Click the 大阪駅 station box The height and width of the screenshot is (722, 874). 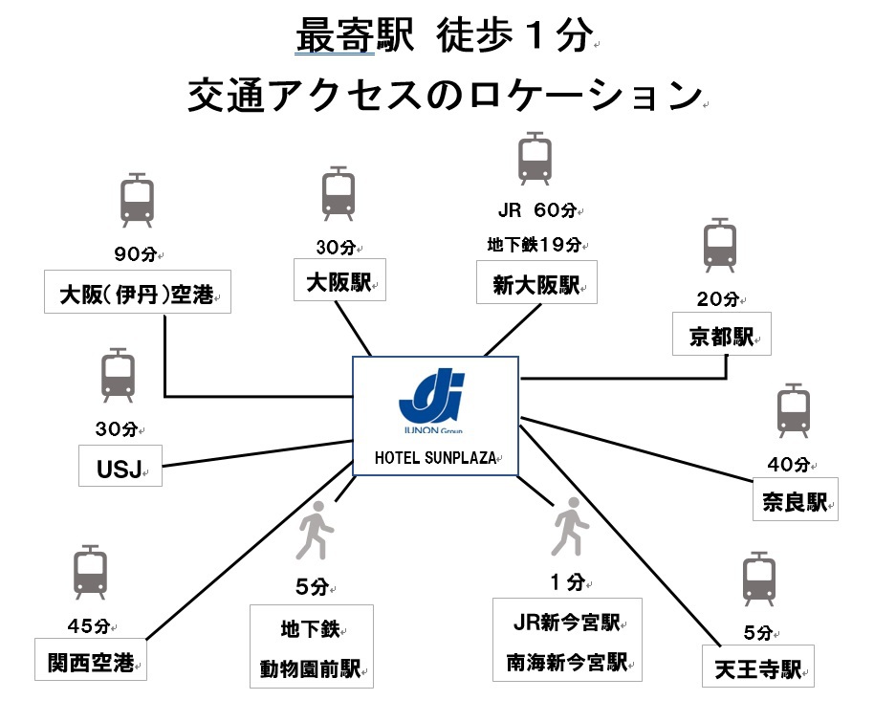pyautogui.click(x=339, y=282)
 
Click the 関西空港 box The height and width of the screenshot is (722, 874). pyautogui.click(x=91, y=659)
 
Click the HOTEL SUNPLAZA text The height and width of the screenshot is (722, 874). pyautogui.click(x=435, y=457)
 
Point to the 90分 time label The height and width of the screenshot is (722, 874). pyautogui.click(x=134, y=255)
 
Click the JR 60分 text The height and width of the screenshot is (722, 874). pyautogui.click(x=535, y=209)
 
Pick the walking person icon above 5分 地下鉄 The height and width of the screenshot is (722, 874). pyautogui.click(x=315, y=536)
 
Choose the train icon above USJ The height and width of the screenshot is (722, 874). pyautogui.click(x=118, y=376)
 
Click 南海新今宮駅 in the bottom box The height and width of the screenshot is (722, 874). pyautogui.click(x=564, y=660)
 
